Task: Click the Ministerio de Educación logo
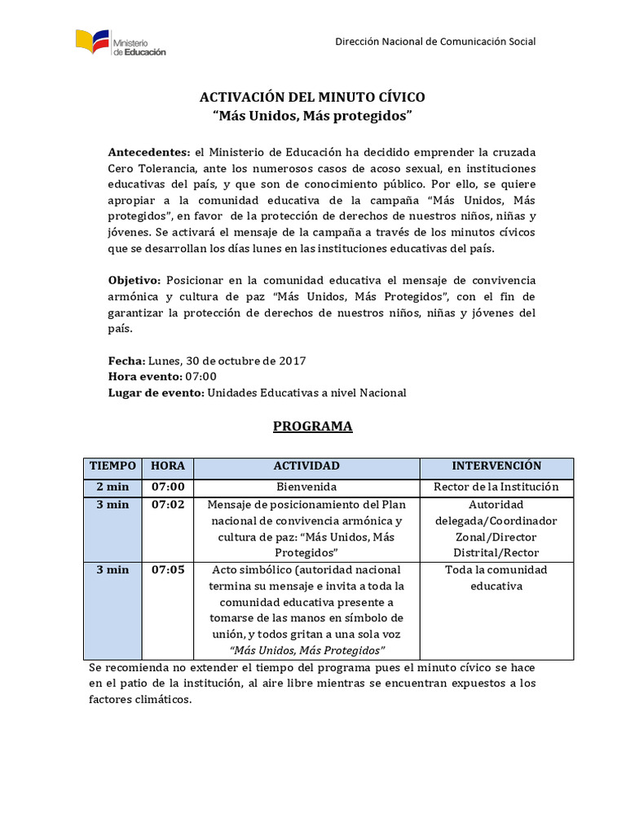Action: pos(120,43)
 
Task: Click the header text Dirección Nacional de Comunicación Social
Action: pos(436,42)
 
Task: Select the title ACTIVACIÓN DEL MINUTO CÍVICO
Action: pos(313,97)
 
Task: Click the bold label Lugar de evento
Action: pos(156,392)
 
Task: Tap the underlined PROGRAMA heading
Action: pos(312,426)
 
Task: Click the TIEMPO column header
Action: pos(112,466)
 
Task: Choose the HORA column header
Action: pos(167,466)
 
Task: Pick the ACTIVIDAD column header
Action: pos(306,466)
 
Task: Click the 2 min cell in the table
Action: pos(112,487)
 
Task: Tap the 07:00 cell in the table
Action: pos(167,487)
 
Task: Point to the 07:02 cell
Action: pos(167,504)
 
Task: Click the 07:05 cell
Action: pos(167,569)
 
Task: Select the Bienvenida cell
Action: pos(306,487)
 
